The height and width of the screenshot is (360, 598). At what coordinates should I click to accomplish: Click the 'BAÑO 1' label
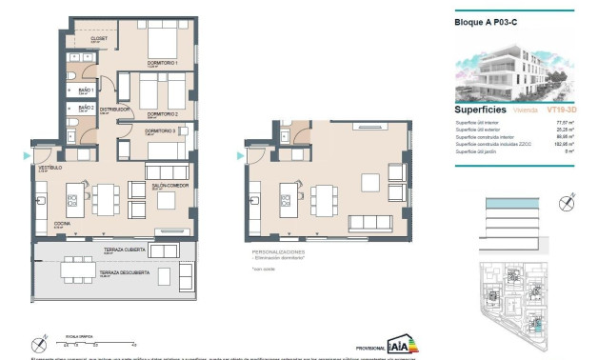click(x=86, y=90)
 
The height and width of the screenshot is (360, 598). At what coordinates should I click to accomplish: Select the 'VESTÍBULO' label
click(x=50, y=168)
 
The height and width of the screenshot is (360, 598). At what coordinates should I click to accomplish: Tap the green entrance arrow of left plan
click(x=26, y=155)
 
